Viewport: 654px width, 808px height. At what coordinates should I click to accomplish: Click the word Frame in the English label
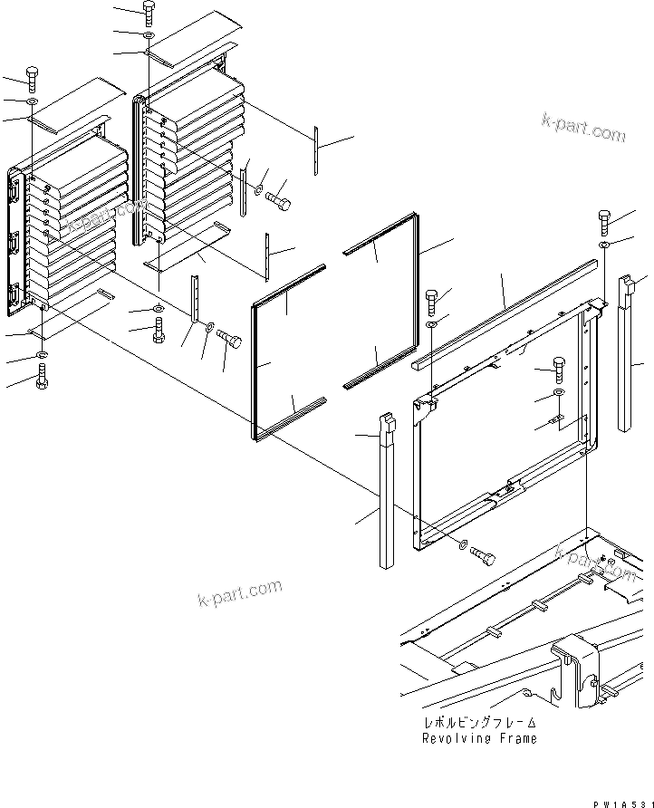pyautogui.click(x=516, y=738)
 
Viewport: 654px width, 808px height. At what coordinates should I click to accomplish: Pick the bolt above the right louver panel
pyautogui.click(x=149, y=12)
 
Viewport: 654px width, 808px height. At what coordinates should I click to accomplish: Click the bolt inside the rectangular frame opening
pyautogui.click(x=557, y=370)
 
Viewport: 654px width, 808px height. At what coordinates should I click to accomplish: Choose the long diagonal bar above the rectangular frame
pyautogui.click(x=504, y=313)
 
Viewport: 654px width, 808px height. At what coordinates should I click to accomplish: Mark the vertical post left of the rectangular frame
pyautogui.click(x=387, y=494)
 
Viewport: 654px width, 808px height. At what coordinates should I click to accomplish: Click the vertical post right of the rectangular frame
pyautogui.click(x=627, y=353)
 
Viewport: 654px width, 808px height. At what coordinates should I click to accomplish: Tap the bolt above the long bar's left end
pyautogui.click(x=433, y=298)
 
